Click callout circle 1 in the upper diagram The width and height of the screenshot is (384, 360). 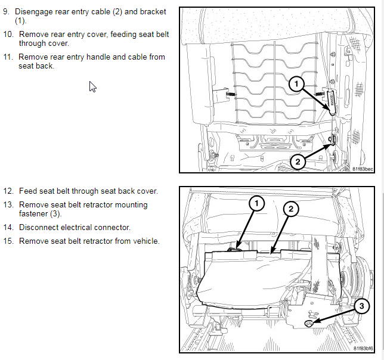tap(296, 85)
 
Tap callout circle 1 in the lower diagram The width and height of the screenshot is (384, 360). tap(257, 204)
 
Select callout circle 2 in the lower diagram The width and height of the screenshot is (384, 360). tap(290, 209)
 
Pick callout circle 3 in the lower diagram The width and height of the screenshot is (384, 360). tap(360, 306)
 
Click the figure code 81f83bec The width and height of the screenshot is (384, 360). tap(363, 169)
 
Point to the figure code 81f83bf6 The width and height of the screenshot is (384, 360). tap(363, 348)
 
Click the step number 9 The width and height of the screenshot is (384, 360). tap(7, 12)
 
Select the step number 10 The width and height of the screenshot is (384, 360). tap(8, 35)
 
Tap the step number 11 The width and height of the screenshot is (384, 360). tap(8, 57)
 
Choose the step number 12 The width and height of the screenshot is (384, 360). tap(8, 191)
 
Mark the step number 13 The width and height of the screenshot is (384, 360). tap(8, 204)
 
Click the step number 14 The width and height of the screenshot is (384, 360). tap(8, 228)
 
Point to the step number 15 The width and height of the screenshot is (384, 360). tap(8, 241)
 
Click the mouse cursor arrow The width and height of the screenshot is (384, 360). tap(92, 86)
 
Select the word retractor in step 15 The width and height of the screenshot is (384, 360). tap(96, 241)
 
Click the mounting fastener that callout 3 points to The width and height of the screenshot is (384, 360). tap(309, 323)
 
